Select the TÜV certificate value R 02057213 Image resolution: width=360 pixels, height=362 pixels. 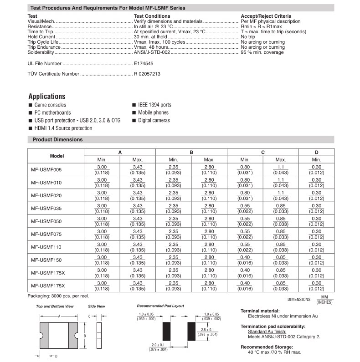(x=147, y=73)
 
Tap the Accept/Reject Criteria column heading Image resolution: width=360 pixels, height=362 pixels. (x=266, y=16)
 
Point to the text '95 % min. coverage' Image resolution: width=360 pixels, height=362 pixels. (x=262, y=52)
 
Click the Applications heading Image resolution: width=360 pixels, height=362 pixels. (x=46, y=97)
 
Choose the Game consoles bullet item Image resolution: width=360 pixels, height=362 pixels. (x=50, y=105)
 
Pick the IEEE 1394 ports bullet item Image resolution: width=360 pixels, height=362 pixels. (x=154, y=105)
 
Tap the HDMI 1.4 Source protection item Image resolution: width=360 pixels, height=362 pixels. (x=63, y=128)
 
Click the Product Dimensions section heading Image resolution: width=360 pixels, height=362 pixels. (x=57, y=140)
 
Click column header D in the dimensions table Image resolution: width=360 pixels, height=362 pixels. (x=316, y=153)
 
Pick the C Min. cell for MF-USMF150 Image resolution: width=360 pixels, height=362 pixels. (x=245, y=260)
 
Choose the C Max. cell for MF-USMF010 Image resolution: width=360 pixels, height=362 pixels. (x=281, y=183)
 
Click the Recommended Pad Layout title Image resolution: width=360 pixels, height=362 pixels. (x=160, y=306)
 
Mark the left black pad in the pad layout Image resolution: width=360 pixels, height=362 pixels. (x=165, y=328)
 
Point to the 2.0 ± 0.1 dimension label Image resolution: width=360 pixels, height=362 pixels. (x=158, y=345)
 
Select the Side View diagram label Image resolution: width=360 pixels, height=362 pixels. (x=96, y=306)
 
